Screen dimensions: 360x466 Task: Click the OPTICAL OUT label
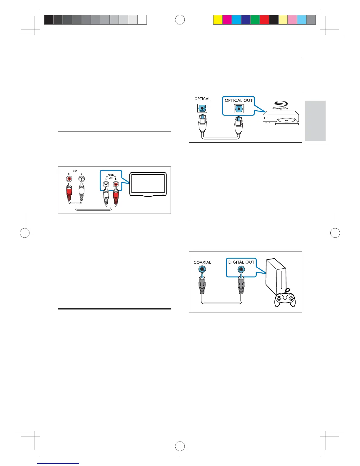coord(239,100)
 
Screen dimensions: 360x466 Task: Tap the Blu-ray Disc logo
coord(281,106)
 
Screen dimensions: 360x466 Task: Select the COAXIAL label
coord(202,262)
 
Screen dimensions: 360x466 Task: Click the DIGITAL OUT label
coord(241,262)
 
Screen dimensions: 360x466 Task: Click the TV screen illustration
coord(148,184)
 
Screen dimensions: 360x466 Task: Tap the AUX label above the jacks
coord(75,171)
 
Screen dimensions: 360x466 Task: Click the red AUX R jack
coord(69,179)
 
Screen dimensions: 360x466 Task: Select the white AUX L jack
coord(81,179)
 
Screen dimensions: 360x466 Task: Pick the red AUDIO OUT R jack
coord(115,184)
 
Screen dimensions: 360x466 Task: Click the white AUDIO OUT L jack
coord(106,184)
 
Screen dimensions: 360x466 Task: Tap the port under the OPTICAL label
coord(202,109)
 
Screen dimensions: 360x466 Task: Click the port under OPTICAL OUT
coord(239,109)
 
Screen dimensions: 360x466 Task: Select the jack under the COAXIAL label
coord(202,269)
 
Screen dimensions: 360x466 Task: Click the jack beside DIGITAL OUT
coord(241,269)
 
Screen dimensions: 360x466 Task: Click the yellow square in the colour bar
coord(218,20)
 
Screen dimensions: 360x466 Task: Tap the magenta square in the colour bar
coord(227,20)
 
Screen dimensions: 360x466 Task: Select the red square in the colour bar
coord(264,20)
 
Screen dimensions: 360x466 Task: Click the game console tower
coord(275,278)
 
